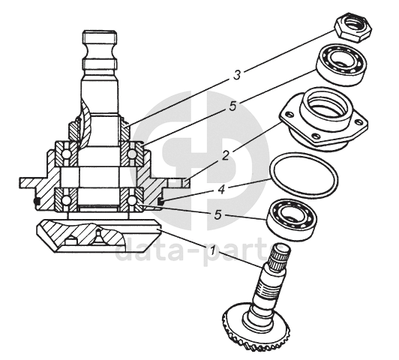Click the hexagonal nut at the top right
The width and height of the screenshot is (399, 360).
coord(353,28)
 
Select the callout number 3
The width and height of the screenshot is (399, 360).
coord(237,75)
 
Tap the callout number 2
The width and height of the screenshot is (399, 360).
coord(225,156)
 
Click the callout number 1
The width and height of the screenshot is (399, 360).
coord(214,251)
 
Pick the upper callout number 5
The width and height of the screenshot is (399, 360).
coord(232,106)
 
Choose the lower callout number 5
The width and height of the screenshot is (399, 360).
coord(217,215)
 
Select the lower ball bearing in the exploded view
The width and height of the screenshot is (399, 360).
coord(292,217)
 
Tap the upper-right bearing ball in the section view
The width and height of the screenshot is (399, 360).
coord(132,154)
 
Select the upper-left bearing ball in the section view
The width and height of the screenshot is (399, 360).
coord(66,154)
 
